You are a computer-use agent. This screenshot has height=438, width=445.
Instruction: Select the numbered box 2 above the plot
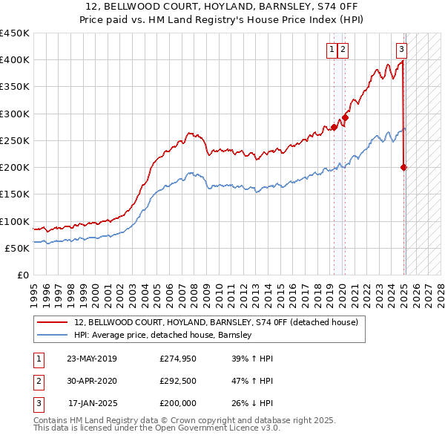[x=344, y=50]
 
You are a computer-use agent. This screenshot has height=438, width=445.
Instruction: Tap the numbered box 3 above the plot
[x=401, y=50]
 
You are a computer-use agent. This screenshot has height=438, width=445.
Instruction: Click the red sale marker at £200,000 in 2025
[x=404, y=167]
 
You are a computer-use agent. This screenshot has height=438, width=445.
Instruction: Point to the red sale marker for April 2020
[x=345, y=117]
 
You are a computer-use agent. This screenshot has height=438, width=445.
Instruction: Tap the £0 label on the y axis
[x=22, y=275]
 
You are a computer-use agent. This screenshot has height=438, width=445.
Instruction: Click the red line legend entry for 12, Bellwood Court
[x=216, y=322]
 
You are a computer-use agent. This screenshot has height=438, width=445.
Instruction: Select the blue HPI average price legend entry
[x=162, y=335]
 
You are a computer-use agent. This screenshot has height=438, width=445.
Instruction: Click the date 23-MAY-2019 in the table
[x=91, y=359]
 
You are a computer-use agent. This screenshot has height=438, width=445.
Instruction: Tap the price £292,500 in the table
[x=177, y=381]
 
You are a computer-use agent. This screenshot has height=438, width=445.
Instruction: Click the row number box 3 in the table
[x=37, y=403]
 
